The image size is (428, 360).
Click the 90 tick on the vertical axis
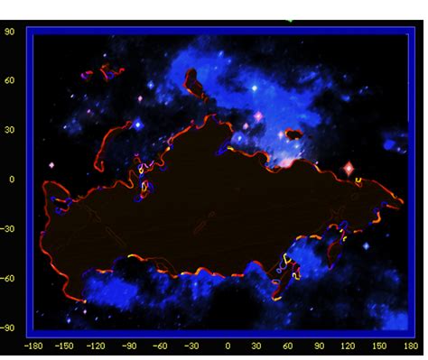click(x=11, y=30)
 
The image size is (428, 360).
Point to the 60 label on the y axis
click(x=11, y=79)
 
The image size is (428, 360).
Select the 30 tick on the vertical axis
click(x=11, y=129)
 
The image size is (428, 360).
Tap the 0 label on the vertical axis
click(x=13, y=179)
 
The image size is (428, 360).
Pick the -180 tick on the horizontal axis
click(x=33, y=346)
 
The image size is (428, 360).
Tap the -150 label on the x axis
click(x=65, y=346)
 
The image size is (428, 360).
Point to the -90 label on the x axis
click(x=130, y=346)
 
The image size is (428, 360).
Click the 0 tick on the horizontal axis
click(x=228, y=346)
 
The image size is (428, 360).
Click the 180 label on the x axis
click(x=412, y=346)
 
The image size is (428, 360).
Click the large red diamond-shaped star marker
click(x=349, y=169)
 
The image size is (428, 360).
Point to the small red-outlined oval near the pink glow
click(x=293, y=134)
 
